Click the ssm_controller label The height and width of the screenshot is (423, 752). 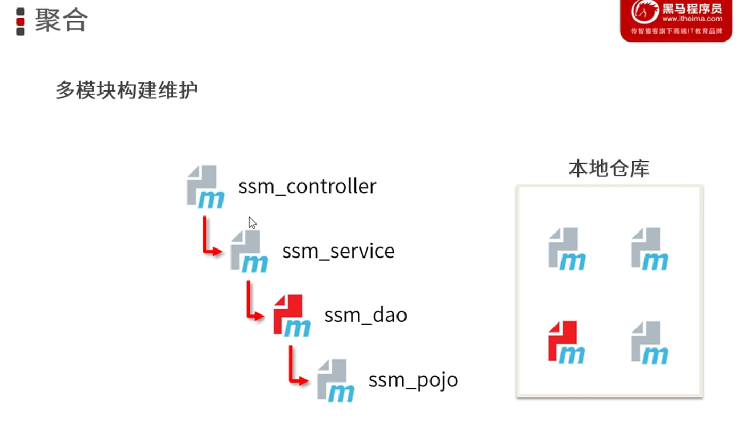click(x=307, y=186)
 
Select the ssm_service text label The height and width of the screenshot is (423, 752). click(x=338, y=251)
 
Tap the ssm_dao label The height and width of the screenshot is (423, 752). click(x=366, y=315)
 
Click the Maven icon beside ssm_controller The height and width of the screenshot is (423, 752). click(x=205, y=187)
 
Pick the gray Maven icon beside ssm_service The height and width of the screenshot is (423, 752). click(x=249, y=252)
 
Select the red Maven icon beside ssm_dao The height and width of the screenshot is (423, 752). click(x=292, y=316)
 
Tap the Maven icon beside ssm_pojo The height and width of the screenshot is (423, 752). click(x=335, y=380)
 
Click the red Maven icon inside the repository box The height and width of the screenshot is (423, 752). click(x=567, y=343)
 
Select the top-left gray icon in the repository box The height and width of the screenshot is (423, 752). click(x=567, y=249)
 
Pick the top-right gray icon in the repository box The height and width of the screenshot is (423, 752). click(x=650, y=249)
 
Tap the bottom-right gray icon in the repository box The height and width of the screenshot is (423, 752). click(x=650, y=343)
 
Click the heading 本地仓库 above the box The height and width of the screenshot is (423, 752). click(x=609, y=168)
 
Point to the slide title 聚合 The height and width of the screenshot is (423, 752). click(x=61, y=20)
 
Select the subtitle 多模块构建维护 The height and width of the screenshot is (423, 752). click(x=127, y=90)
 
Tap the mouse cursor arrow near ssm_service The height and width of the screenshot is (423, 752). click(x=252, y=223)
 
